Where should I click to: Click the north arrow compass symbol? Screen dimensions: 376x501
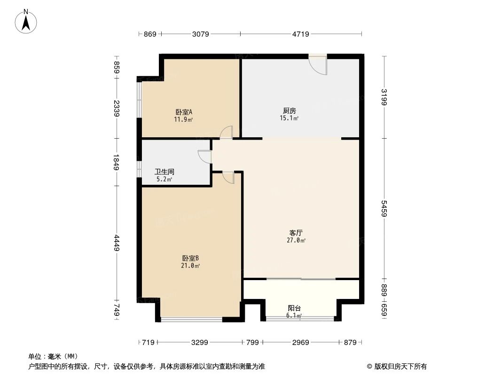27,21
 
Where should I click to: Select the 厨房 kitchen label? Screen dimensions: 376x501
290,111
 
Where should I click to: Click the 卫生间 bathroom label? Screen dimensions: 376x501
164,172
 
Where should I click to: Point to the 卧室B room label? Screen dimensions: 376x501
191,258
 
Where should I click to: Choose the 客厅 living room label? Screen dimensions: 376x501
296,233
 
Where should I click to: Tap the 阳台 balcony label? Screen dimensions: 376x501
294,308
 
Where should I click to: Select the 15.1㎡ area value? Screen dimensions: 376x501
290,118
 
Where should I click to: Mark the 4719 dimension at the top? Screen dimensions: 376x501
301,34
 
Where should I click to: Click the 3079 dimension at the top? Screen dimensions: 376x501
201,34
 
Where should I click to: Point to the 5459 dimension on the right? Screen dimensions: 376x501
384,209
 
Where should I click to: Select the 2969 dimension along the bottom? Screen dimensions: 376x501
300,343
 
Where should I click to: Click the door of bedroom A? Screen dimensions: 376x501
227,133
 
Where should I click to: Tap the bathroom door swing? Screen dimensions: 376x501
205,157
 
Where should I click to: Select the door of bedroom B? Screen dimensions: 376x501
227,177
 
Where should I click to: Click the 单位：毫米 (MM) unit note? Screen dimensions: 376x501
53,356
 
